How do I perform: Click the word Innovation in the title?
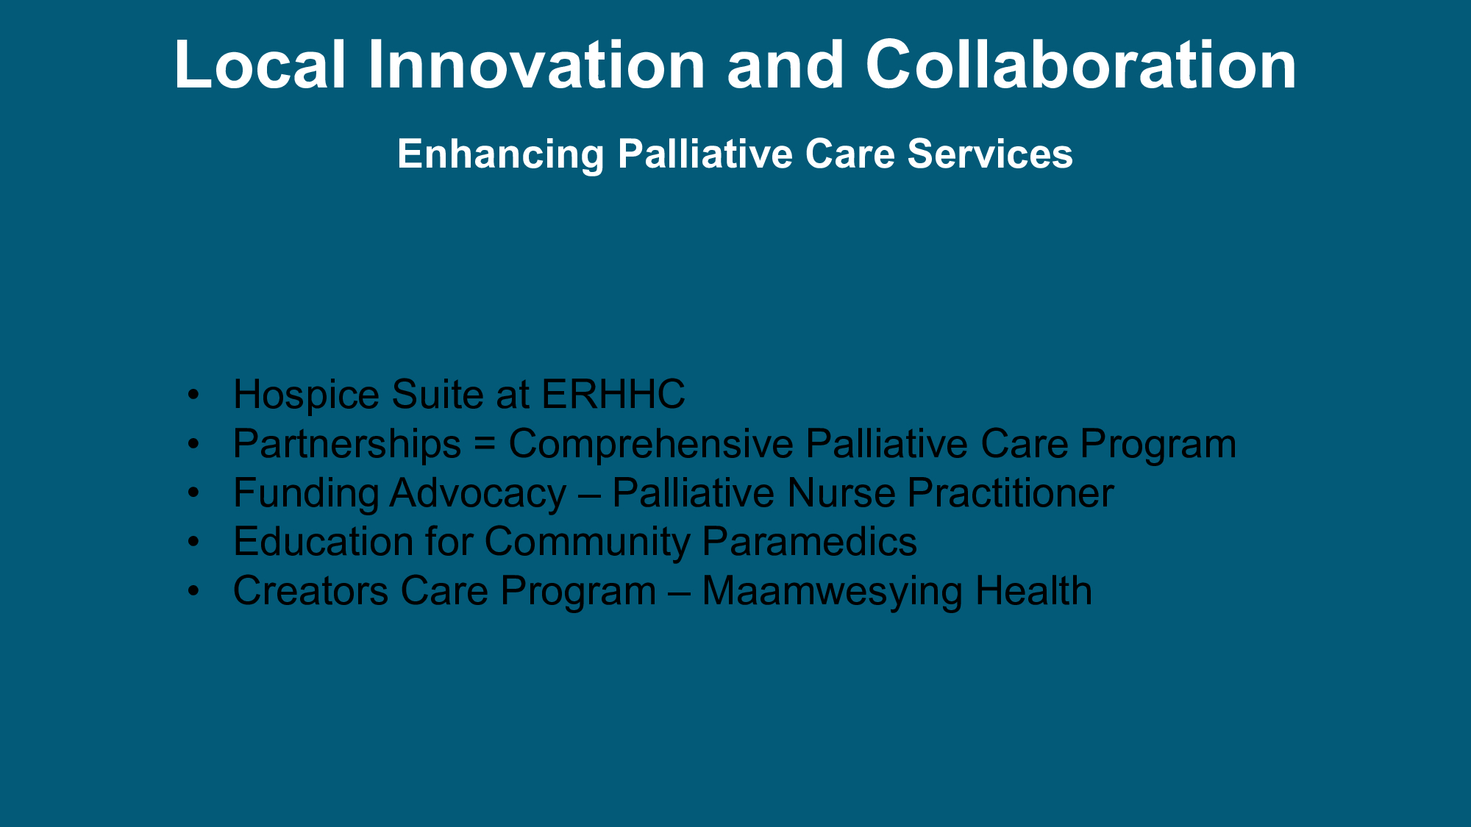tap(537, 65)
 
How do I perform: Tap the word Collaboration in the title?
tap(1081, 65)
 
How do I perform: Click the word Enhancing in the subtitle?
tap(501, 154)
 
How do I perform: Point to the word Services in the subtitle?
tap(990, 154)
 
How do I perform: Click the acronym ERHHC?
tap(613, 395)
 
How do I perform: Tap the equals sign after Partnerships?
tap(485, 445)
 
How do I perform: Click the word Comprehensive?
tap(651, 444)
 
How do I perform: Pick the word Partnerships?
tap(347, 444)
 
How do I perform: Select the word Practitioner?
tap(1011, 493)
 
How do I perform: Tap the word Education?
tap(323, 542)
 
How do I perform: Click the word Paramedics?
tap(810, 542)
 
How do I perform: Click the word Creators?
tap(310, 591)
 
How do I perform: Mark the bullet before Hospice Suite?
tap(193, 395)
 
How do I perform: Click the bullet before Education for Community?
tap(193, 542)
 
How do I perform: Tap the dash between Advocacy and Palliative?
tap(589, 495)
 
